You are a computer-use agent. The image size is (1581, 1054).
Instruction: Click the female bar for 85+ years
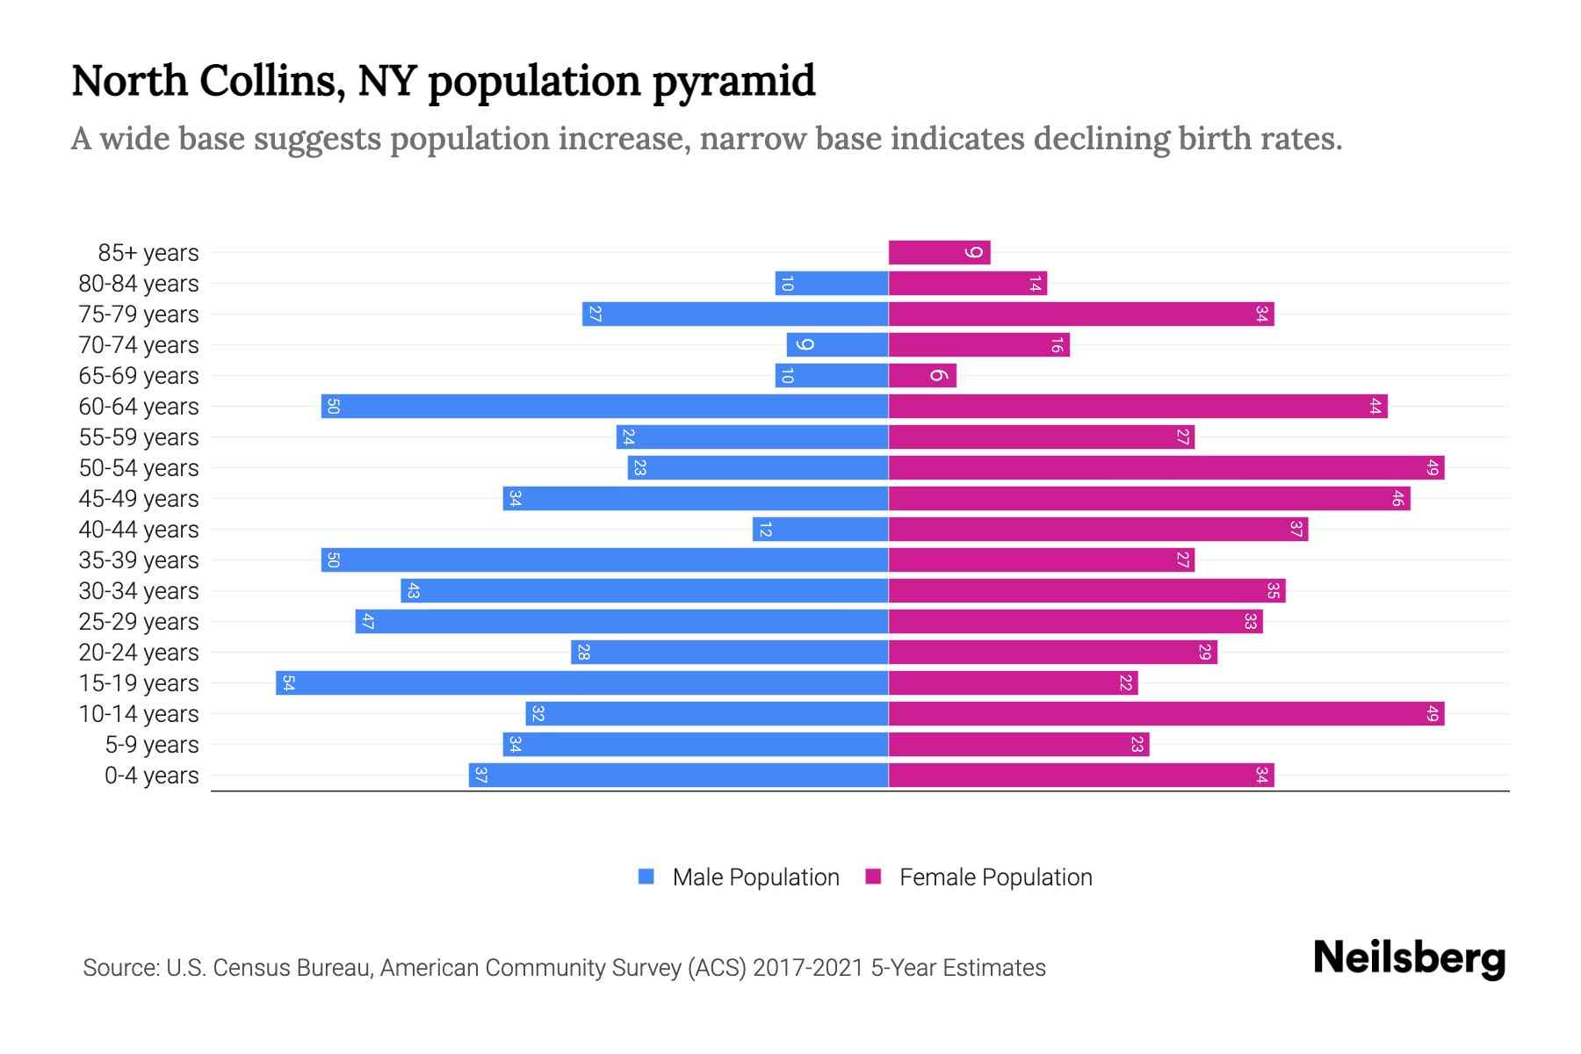(x=939, y=253)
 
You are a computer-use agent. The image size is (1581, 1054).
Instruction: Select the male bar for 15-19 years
(x=581, y=683)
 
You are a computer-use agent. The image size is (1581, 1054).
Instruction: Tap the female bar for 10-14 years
(x=1166, y=714)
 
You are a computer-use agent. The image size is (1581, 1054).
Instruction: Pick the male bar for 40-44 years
(x=820, y=530)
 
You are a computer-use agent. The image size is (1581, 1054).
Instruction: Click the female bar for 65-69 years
(x=922, y=376)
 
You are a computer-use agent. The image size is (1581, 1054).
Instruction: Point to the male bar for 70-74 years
(x=837, y=345)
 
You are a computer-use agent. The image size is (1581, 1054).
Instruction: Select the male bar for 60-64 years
(x=604, y=407)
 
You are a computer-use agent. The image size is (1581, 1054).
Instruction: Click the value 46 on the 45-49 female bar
(x=1397, y=499)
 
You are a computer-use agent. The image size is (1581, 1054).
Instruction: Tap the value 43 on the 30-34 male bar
(x=413, y=591)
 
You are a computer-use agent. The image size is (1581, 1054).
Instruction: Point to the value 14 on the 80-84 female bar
(x=1035, y=284)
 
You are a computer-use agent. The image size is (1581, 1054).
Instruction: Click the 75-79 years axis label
(x=139, y=314)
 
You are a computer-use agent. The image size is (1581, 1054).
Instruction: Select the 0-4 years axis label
(x=151, y=776)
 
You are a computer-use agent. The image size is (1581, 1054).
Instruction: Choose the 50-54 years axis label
(x=139, y=468)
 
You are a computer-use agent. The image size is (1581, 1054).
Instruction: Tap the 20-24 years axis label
(x=139, y=653)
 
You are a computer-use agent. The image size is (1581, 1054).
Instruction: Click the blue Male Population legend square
(x=646, y=877)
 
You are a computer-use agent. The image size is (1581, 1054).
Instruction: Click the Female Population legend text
(x=995, y=877)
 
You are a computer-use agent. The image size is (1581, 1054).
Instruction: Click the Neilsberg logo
(x=1409, y=958)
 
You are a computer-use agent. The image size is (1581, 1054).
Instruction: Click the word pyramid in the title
(x=733, y=82)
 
